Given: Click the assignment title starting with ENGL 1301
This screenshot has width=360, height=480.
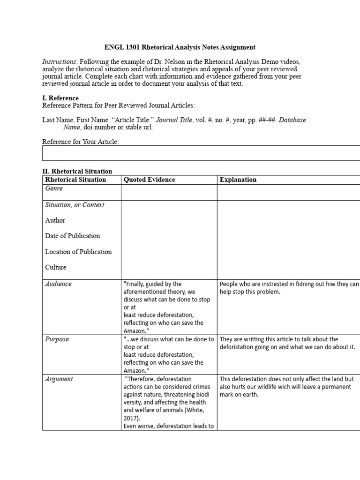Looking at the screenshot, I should (180, 47).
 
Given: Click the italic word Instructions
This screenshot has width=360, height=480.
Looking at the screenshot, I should (59, 62).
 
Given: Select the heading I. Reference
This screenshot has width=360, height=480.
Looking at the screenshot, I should (60, 98).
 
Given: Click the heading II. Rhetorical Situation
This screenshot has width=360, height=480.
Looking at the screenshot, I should (77, 172).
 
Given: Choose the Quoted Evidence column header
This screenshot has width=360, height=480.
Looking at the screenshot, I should (149, 180).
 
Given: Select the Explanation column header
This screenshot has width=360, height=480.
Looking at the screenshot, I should (238, 180).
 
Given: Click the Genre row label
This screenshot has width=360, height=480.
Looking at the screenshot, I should (54, 188).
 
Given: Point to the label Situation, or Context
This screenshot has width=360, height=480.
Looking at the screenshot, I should (75, 205).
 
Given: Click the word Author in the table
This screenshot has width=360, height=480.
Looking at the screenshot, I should (55, 220).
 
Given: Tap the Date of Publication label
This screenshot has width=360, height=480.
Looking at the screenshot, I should (73, 236).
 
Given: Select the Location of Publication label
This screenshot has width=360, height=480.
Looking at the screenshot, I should (78, 252).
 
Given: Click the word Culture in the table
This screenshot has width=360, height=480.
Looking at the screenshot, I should (56, 267).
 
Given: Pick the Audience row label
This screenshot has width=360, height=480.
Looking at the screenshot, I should (59, 284).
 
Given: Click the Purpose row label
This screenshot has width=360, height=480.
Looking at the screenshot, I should (57, 339).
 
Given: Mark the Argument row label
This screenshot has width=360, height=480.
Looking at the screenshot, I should (59, 379).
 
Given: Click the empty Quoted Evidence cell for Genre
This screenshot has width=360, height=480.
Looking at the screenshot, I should (169, 192).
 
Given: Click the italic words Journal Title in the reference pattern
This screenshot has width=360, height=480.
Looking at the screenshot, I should (174, 120).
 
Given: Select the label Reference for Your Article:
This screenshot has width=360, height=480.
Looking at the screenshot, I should (81, 142).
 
